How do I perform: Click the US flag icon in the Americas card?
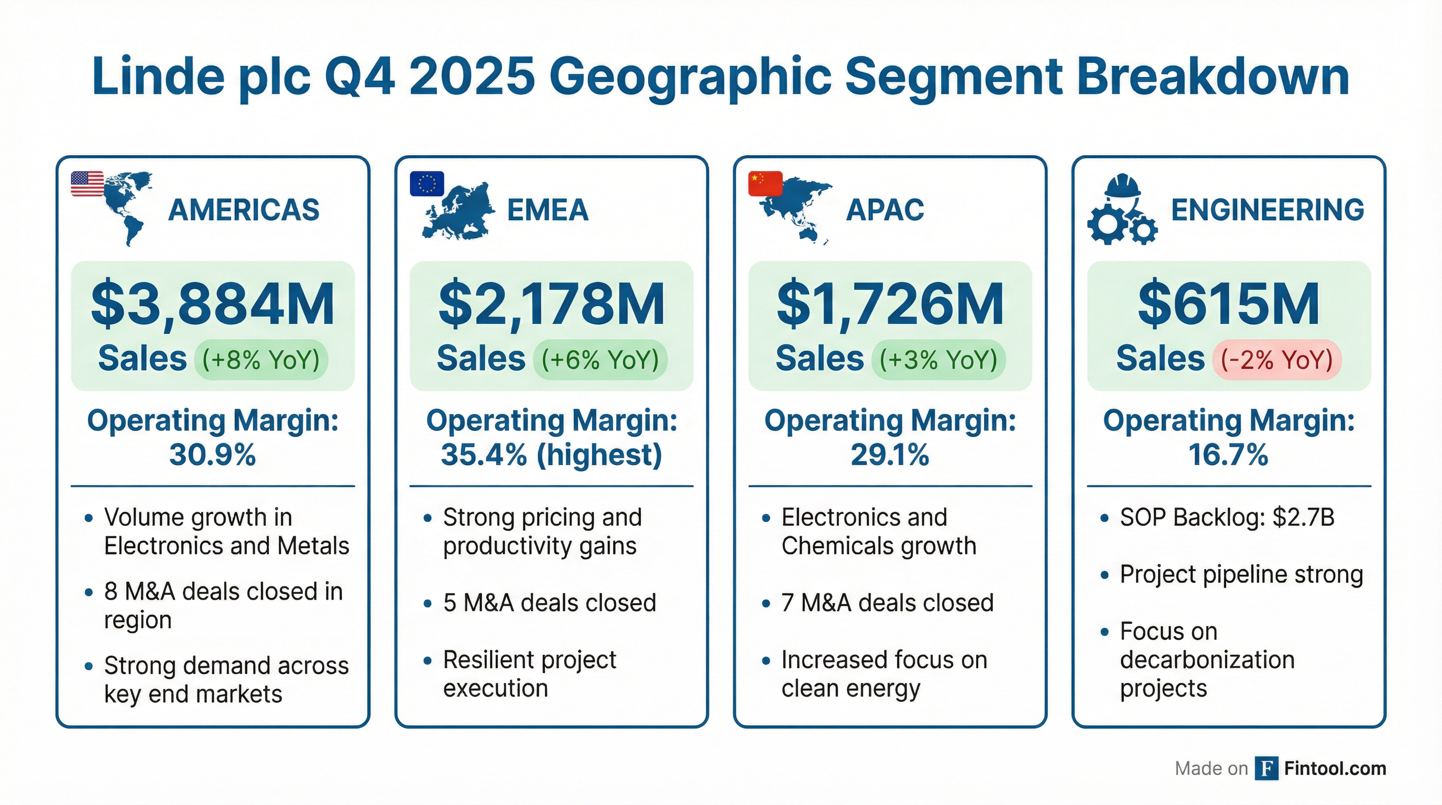pyautogui.click(x=88, y=183)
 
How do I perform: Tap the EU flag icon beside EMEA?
pyautogui.click(x=427, y=183)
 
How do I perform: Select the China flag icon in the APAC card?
pyautogui.click(x=765, y=183)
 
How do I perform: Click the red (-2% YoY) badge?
pyautogui.click(x=1277, y=360)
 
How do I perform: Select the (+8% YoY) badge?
pyautogui.click(x=261, y=360)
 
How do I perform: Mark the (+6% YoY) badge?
pyautogui.click(x=600, y=360)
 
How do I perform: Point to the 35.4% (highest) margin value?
pyautogui.click(x=551, y=454)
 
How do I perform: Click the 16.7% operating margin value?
pyautogui.click(x=1229, y=454)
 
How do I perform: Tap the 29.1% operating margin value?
pyautogui.click(x=890, y=454)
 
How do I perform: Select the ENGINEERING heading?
pyautogui.click(x=1268, y=210)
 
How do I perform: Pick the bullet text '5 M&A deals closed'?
pyautogui.click(x=550, y=603)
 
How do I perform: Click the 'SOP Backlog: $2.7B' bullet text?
pyautogui.click(x=1227, y=517)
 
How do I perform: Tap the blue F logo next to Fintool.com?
pyautogui.click(x=1266, y=768)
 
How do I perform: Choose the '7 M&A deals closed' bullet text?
pyautogui.click(x=888, y=603)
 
